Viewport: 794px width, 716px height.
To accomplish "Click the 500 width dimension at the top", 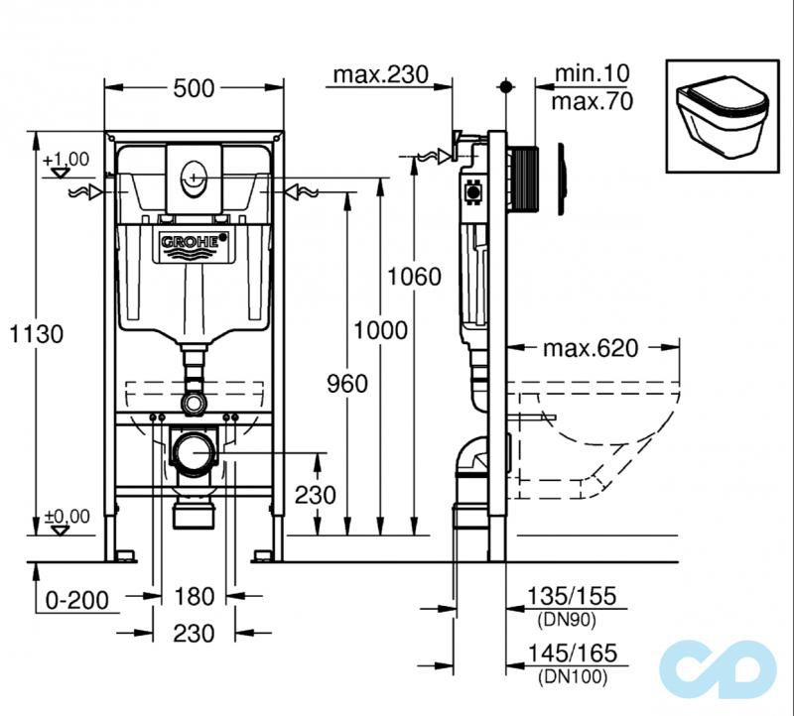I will [194, 88].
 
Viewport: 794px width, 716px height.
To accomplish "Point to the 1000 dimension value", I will [381, 329].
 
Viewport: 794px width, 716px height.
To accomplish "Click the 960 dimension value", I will [346, 383].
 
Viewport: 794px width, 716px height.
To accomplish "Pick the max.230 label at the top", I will [379, 74].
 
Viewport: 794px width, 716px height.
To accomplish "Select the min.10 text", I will [593, 73].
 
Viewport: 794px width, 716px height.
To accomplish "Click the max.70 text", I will [593, 100].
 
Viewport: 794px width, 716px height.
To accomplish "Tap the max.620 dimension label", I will [591, 348].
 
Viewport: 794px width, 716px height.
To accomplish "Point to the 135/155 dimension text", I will [572, 596].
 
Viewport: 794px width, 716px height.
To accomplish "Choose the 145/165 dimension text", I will [572, 653].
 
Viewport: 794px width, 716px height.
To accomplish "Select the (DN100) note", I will [572, 677].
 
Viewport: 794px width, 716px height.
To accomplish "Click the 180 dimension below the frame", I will [194, 596].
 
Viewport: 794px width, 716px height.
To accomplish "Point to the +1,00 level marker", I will [66, 159].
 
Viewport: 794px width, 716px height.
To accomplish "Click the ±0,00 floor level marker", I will [66, 516].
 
